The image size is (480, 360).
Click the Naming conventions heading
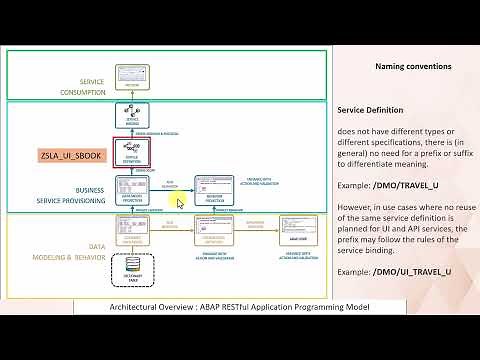tap(413, 66)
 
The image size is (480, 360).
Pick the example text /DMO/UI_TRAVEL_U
tap(411, 271)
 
